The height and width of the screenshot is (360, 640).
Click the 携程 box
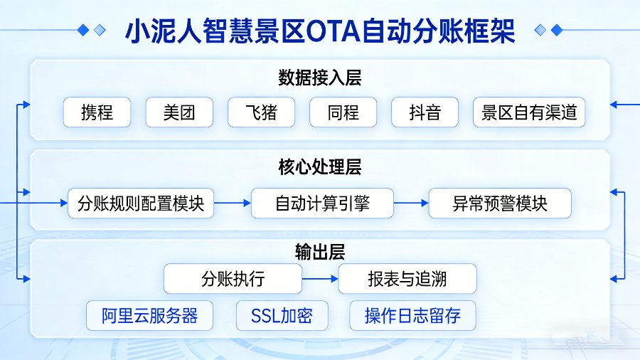tap(97, 112)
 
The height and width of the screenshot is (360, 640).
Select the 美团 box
tap(179, 112)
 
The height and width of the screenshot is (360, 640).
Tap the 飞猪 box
tap(261, 112)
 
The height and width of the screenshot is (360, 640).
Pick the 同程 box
tap(343, 112)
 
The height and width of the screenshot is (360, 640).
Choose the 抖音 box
tap(425, 112)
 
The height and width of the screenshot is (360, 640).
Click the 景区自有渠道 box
tap(529, 112)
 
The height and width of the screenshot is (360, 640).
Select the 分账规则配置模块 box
tap(141, 203)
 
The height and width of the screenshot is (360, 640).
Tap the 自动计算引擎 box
tap(322, 203)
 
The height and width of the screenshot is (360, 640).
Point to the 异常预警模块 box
tap(500, 203)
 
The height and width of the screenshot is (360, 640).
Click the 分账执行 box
tap(233, 279)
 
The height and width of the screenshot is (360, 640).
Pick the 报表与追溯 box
tap(407, 279)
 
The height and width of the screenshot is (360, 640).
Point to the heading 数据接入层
tap(320, 78)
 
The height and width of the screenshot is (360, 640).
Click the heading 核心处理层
tap(320, 169)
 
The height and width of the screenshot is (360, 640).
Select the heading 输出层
tap(320, 251)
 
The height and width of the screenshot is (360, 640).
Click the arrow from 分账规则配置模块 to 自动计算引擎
tap(233, 203)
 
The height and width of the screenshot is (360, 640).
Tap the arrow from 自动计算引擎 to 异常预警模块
tap(411, 203)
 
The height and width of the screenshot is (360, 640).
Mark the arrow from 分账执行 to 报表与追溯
tap(320, 279)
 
